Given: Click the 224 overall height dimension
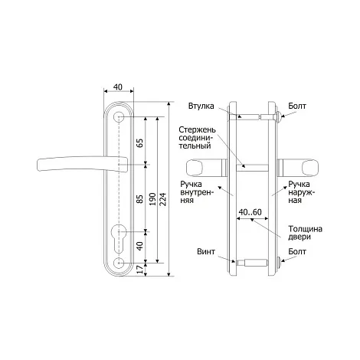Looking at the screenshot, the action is coord(163,199).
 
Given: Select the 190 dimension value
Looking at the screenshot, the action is coord(152,199).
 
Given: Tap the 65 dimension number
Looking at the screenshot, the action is coord(140,143).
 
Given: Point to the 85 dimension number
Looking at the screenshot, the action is coord(140,199).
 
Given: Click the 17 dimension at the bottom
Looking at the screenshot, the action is coord(140,270).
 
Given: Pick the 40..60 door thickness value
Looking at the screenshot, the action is coord(250,212).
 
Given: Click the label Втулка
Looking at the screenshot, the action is coord(201,106).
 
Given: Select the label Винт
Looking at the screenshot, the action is coord(206,251).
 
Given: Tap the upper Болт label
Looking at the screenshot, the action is coord(297,106).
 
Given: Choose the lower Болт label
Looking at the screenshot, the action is coord(297,251).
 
